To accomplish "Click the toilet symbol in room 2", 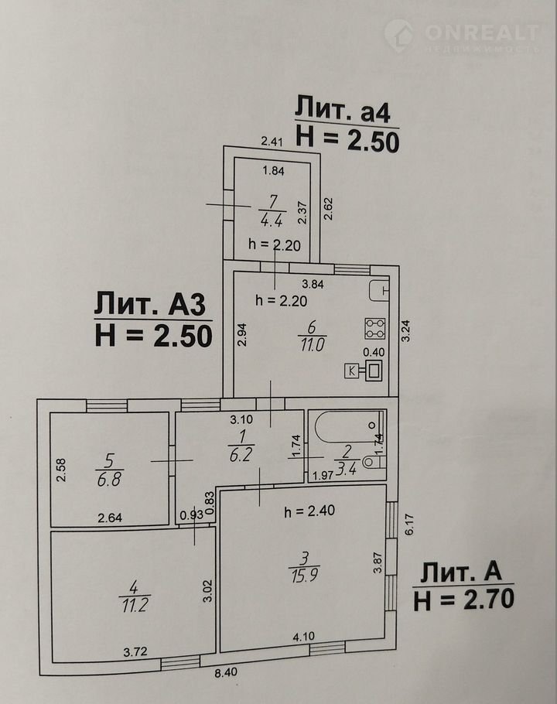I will (x=373, y=462).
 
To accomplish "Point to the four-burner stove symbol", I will (x=375, y=329).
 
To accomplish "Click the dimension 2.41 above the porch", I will (x=273, y=141).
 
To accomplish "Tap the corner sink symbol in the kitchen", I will (x=378, y=291).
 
